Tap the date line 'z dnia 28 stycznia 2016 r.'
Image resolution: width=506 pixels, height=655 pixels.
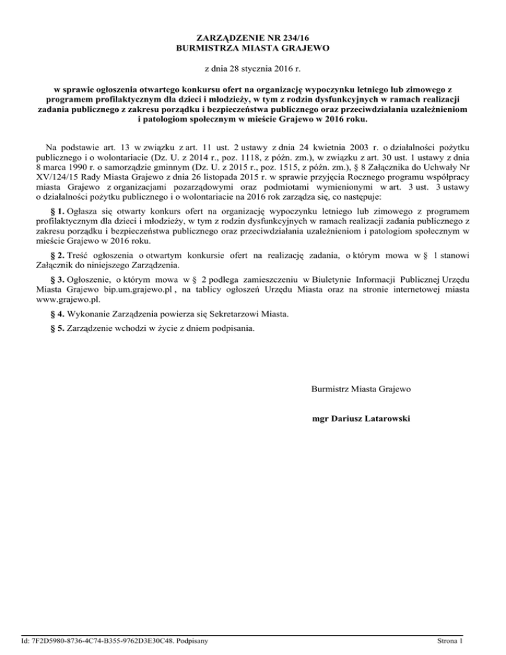coord(253,69)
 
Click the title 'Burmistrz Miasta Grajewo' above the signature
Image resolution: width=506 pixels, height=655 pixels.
coord(361,389)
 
